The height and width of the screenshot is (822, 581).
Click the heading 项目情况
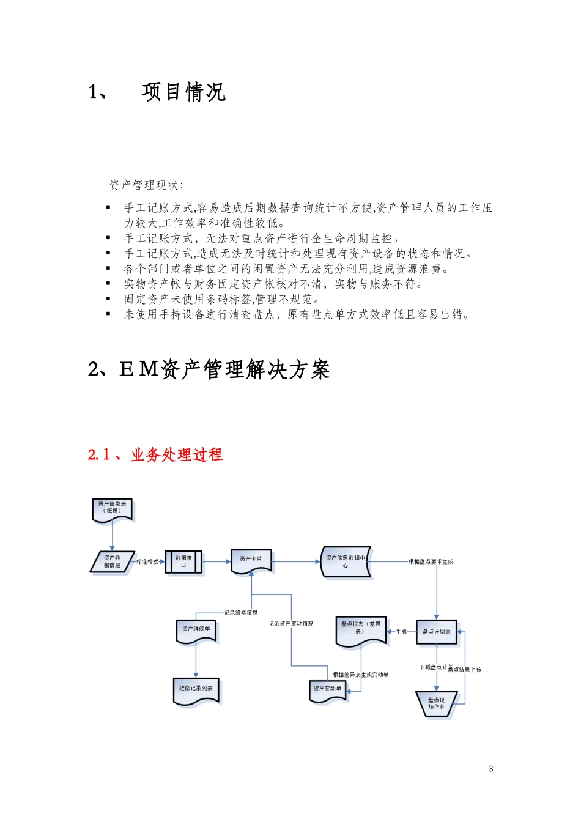tap(183, 92)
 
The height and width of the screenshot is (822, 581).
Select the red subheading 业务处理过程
tap(177, 455)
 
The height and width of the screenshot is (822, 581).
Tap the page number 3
tap(491, 769)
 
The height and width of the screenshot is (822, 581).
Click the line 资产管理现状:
tap(146, 185)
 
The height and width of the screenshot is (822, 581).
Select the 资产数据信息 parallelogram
tap(112, 561)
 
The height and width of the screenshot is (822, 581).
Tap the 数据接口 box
tap(183, 561)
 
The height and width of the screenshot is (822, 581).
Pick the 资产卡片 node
tap(251, 560)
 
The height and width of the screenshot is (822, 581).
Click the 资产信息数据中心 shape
tap(346, 561)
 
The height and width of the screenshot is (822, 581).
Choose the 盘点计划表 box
tap(437, 632)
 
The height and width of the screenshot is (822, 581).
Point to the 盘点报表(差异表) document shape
tap(360, 630)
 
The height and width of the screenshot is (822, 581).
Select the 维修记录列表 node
tap(196, 690)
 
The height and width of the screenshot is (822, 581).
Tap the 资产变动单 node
tap(328, 690)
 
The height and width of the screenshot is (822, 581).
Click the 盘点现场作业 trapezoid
tap(437, 703)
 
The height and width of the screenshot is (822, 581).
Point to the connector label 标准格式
tap(147, 561)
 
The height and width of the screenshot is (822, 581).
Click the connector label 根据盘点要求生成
tap(431, 561)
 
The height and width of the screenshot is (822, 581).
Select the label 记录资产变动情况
tap(291, 624)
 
